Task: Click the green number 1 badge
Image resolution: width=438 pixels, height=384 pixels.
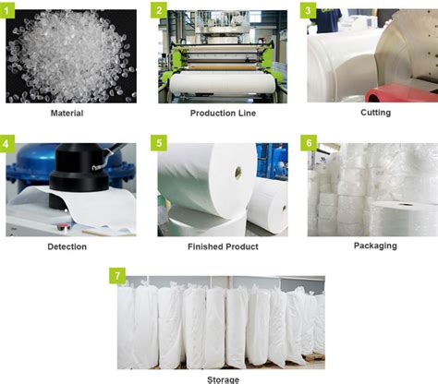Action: pyautogui.click(x=12, y=10)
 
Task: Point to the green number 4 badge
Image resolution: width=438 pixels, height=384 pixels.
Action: pyautogui.click(x=12, y=145)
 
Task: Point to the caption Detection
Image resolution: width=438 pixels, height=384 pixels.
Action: pyautogui.click(x=67, y=246)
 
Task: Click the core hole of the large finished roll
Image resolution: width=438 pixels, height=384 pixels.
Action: pyautogui.click(x=237, y=171)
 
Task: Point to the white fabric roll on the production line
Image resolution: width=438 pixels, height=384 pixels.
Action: pyautogui.click(x=222, y=83)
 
